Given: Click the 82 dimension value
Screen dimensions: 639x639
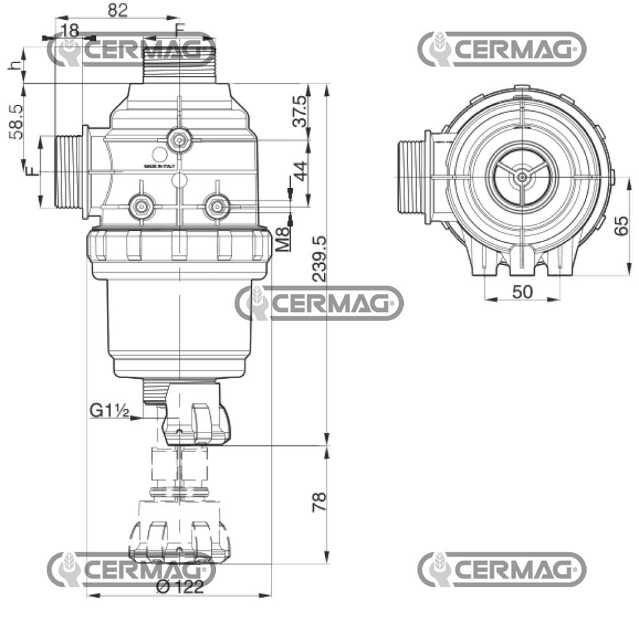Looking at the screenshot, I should click(118, 10).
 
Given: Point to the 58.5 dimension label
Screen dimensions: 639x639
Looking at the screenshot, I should click(17, 122).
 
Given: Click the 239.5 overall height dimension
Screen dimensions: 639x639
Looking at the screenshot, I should click(319, 258).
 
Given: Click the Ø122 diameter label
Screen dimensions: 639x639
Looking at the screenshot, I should click(180, 587).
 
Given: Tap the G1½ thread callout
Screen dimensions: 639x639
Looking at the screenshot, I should click(109, 410).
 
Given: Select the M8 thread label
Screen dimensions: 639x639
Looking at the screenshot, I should click(283, 240).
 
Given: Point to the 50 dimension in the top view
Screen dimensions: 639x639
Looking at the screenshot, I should click(522, 291).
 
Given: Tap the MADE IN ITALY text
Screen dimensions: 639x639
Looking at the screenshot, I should click(160, 166).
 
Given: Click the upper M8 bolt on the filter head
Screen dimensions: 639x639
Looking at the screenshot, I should click(179, 139).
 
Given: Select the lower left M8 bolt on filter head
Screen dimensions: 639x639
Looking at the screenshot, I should click(140, 206).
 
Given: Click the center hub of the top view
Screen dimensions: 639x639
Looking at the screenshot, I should click(522, 176).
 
